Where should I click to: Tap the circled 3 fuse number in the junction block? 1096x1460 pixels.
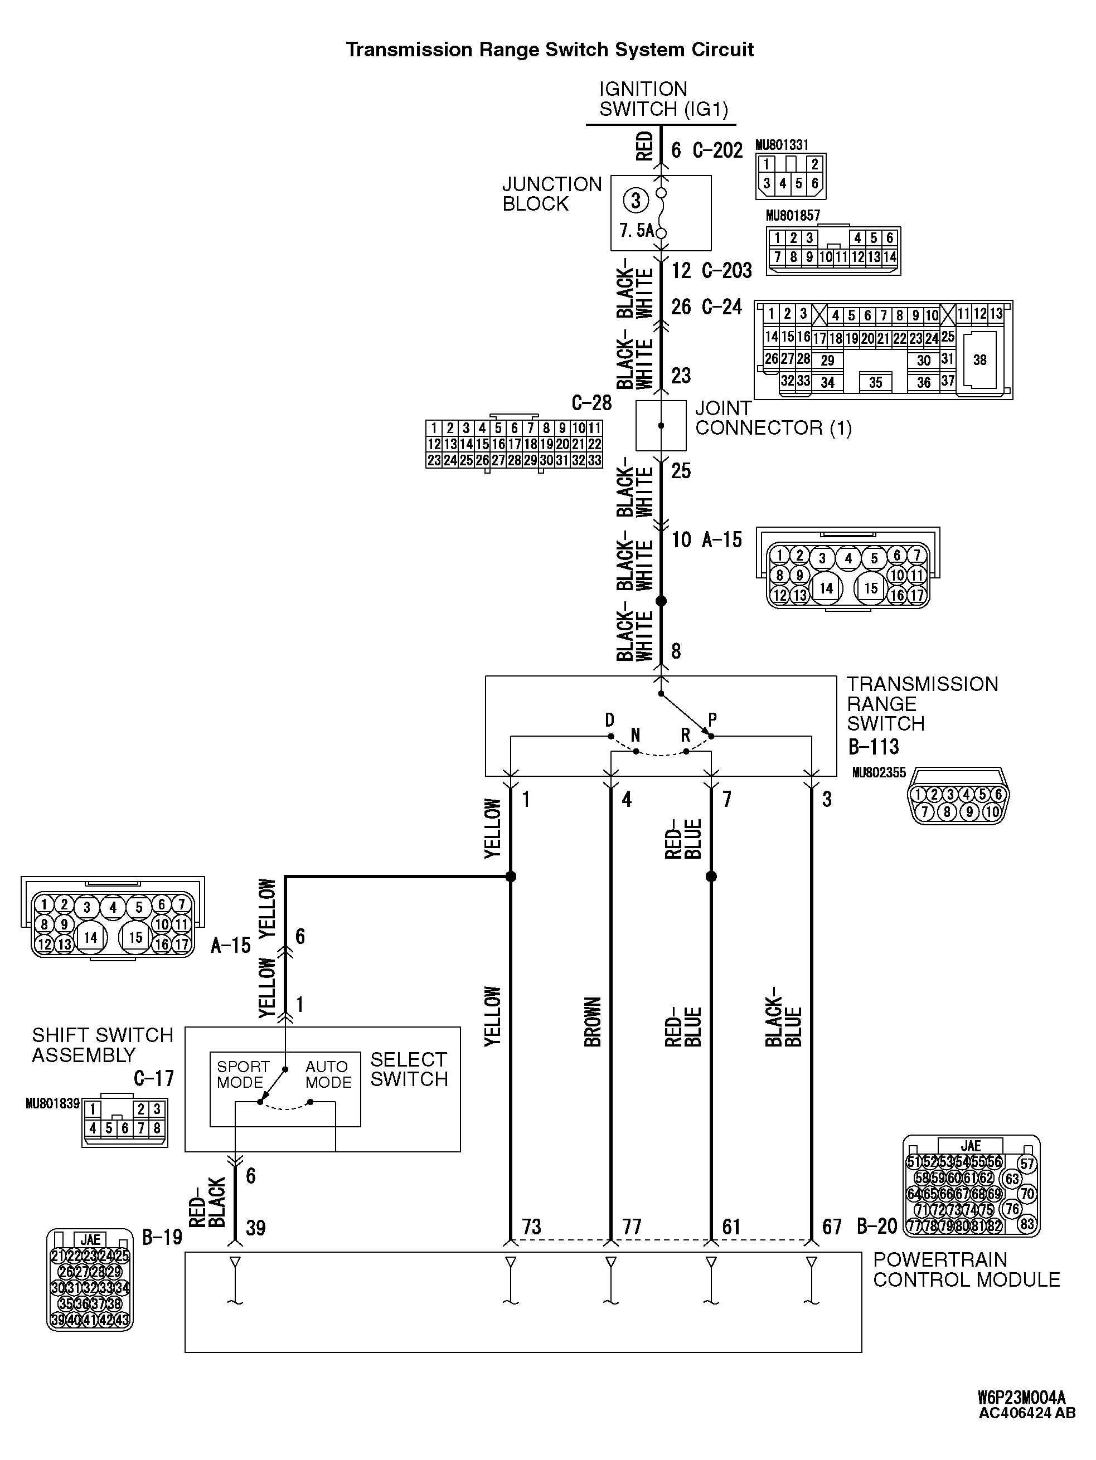click(636, 201)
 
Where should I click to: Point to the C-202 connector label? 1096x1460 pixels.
click(717, 150)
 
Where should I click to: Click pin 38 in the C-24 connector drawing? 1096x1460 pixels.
click(980, 360)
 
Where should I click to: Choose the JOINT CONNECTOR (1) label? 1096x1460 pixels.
click(773, 418)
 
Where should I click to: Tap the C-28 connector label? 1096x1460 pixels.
click(591, 403)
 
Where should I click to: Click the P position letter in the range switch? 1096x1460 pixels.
click(712, 719)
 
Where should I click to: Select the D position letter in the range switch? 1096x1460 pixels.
click(609, 720)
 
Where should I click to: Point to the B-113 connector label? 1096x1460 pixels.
click(873, 747)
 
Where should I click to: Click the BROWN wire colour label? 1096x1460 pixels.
click(593, 1022)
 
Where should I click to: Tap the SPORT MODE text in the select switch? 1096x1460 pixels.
click(243, 1074)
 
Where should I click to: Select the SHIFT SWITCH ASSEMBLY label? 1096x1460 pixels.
click(103, 1045)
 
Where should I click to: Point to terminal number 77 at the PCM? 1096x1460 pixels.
click(632, 1227)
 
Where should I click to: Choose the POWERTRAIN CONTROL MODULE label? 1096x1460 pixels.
click(966, 1269)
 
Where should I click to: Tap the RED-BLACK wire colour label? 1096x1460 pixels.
click(207, 1203)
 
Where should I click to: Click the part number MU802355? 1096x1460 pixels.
click(879, 772)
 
